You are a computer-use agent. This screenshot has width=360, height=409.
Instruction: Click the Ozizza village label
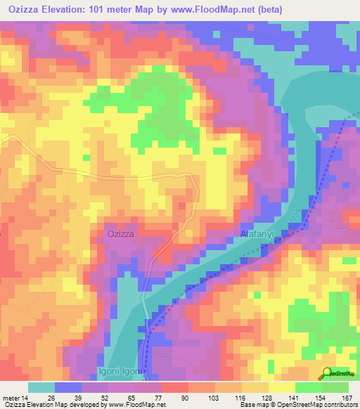(120, 233)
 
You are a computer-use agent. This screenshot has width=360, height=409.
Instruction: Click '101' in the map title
(105, 9)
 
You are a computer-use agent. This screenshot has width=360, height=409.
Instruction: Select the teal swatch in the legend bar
(41, 387)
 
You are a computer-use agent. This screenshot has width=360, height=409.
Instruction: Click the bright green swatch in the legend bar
(309, 387)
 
